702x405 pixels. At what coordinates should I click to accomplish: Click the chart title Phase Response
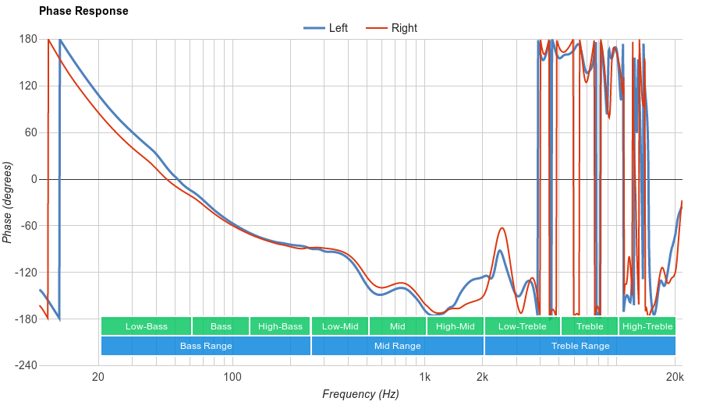83,12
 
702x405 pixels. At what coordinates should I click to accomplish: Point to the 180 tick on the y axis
28,39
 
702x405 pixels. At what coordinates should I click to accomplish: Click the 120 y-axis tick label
28,86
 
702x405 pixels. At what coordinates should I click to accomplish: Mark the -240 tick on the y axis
26,366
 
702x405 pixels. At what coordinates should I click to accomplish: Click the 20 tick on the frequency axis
98,378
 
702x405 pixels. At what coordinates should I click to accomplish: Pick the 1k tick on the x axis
424,378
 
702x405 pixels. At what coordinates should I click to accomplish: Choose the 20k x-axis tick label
675,378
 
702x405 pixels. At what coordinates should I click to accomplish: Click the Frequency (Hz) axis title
360,394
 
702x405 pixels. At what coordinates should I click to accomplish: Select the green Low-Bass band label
146,326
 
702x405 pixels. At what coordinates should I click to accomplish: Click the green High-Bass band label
280,326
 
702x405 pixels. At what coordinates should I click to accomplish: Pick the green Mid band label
398,326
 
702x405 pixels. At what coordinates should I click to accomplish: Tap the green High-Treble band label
647,326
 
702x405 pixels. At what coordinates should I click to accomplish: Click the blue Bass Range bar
206,346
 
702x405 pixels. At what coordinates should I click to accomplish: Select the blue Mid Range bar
398,346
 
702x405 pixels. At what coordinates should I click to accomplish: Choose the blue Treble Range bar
580,346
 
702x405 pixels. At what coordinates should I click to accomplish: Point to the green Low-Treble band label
522,326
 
